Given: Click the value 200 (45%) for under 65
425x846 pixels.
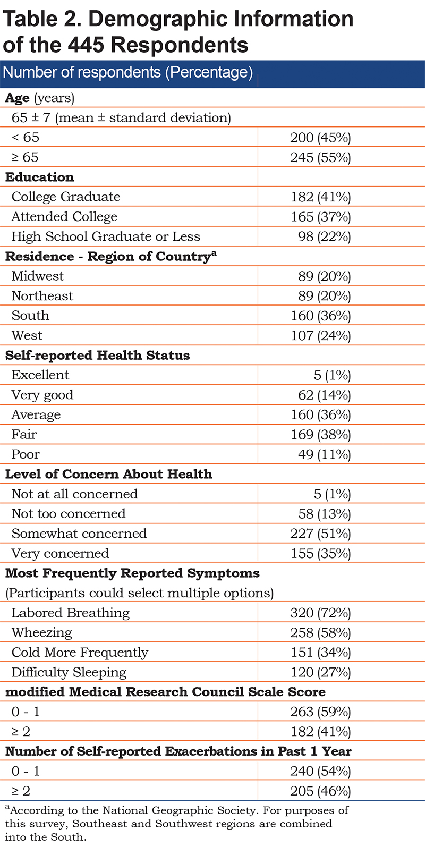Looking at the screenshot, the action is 320,138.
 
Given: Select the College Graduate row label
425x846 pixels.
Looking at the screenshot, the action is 66,197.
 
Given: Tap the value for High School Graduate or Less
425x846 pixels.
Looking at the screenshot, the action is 324,236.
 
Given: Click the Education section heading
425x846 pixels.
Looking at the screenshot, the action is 40,177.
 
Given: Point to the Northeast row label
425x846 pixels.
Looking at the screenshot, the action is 42,295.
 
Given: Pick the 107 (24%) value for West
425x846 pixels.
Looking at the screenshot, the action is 321,335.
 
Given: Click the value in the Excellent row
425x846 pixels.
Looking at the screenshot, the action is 332,375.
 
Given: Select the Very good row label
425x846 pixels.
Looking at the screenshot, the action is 42,395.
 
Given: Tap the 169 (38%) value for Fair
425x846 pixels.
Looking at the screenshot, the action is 321,434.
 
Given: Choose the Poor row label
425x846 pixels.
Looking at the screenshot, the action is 25,454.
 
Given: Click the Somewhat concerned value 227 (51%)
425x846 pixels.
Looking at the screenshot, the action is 320,534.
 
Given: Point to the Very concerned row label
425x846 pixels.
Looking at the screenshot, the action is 60,553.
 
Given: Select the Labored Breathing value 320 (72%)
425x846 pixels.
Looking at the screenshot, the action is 320,613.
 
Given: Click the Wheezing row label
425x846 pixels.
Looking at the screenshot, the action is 41,632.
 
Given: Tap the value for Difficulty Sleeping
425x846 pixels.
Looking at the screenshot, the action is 321,672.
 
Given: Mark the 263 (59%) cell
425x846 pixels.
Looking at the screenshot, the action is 320,712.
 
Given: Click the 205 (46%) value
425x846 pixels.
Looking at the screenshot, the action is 320,791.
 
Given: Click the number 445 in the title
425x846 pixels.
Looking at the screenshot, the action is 86,45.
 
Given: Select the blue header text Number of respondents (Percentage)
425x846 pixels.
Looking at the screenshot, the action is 127,72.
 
